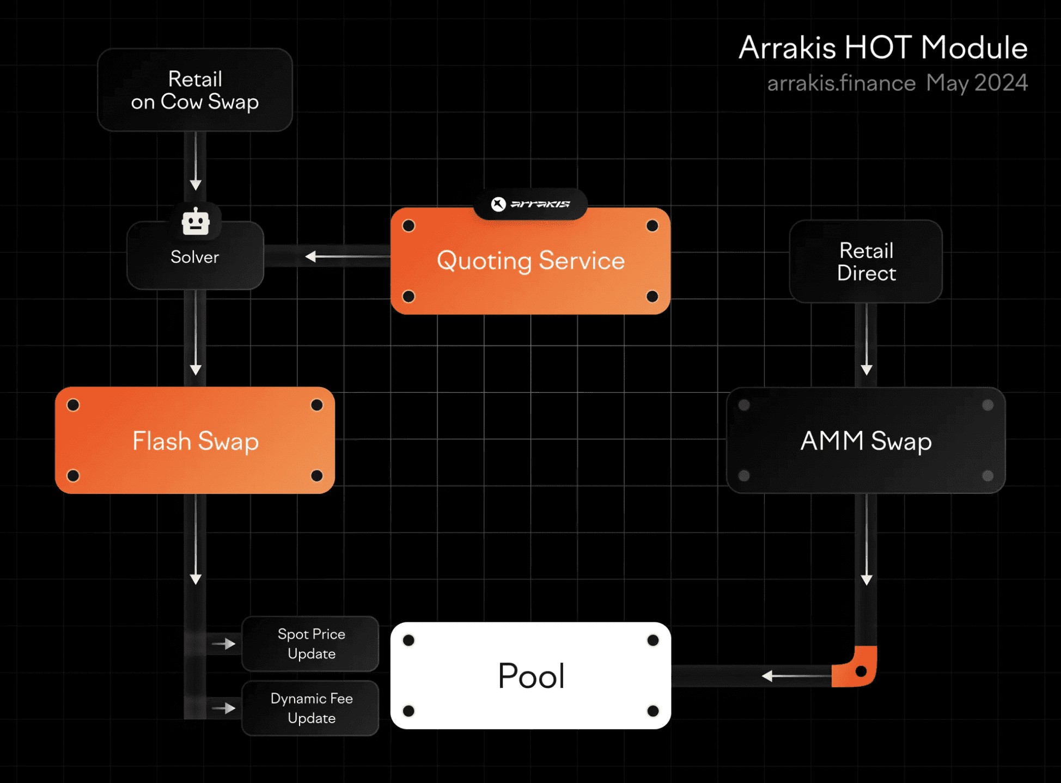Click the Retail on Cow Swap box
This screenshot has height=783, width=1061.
[195, 90]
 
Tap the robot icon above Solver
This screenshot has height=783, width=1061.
[196, 222]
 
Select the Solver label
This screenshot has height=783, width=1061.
[195, 257]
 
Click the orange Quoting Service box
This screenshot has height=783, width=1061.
[530, 261]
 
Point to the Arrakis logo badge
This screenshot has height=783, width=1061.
[530, 204]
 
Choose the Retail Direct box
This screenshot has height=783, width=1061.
[866, 261]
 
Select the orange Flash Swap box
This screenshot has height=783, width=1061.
[195, 441]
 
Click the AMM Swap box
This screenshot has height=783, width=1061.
[866, 441]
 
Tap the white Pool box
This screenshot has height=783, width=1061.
[530, 676]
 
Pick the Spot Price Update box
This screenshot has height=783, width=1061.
[310, 644]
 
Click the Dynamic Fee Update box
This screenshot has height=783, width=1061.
[310, 708]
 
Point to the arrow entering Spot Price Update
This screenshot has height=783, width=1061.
[224, 644]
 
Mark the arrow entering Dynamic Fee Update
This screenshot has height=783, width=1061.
[224, 708]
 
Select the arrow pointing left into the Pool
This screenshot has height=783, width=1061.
[796, 676]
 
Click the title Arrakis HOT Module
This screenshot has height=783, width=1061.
[883, 47]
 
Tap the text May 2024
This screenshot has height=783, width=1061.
[977, 83]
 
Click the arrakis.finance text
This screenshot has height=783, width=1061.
[842, 83]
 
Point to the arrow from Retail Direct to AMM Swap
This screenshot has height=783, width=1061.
[867, 339]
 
